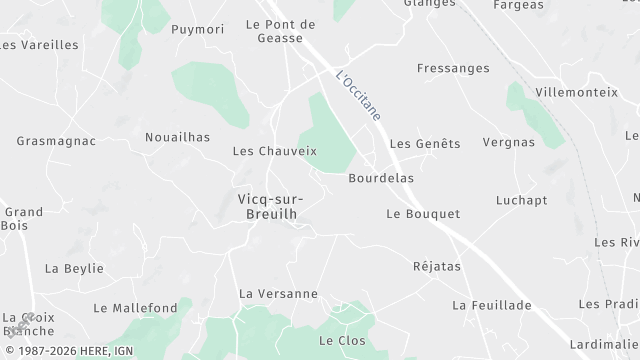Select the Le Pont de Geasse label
(x=280, y=32)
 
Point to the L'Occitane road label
(x=359, y=95)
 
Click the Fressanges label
(x=453, y=68)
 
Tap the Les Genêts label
(x=425, y=144)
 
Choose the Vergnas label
(x=508, y=142)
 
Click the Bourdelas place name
(x=381, y=178)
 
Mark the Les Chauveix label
(x=274, y=152)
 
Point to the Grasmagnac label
(x=56, y=141)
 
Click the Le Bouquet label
(x=423, y=214)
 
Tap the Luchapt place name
(x=521, y=200)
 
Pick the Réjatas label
(x=437, y=267)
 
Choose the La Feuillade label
(x=491, y=304)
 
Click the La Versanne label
(x=278, y=294)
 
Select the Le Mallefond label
(x=135, y=308)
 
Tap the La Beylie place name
(x=68, y=269)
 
